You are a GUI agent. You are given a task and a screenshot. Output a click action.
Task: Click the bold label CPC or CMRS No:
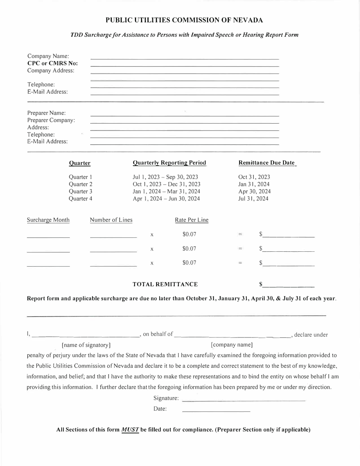click(x=52, y=63)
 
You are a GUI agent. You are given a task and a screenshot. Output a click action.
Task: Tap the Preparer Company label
click(x=51, y=120)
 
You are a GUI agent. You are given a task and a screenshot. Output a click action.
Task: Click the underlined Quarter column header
click(x=80, y=163)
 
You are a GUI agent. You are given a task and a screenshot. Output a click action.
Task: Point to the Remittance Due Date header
click(x=266, y=163)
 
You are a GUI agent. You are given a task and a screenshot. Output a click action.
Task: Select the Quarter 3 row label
click(x=80, y=191)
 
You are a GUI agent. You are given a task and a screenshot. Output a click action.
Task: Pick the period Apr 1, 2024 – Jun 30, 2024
click(x=166, y=199)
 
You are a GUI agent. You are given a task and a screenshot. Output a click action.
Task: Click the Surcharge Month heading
click(x=48, y=220)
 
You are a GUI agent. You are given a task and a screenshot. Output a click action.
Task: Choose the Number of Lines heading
click(x=111, y=220)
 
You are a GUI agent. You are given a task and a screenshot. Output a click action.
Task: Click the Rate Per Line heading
click(x=191, y=220)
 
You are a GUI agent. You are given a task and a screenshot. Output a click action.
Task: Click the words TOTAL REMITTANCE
click(x=165, y=284)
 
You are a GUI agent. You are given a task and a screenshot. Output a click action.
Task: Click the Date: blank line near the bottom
click(x=216, y=410)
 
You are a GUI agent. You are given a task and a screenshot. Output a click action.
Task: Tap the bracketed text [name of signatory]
click(x=86, y=345)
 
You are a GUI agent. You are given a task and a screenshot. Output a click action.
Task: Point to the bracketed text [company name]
click(x=232, y=345)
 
